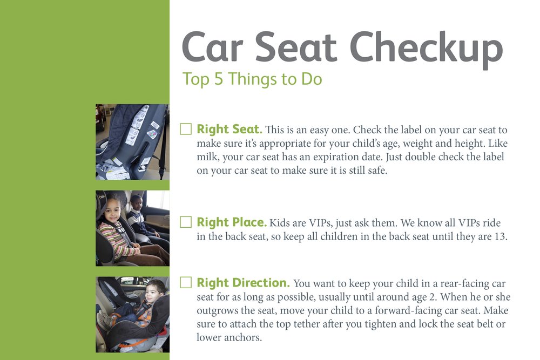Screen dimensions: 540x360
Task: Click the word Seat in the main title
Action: click(295, 46)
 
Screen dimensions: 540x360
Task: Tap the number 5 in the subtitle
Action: click(218, 79)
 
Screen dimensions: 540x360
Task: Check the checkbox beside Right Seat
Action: click(186, 129)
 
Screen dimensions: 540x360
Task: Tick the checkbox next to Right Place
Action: click(186, 222)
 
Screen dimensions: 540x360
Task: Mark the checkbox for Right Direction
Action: click(186, 282)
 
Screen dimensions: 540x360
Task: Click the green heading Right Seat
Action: click(230, 129)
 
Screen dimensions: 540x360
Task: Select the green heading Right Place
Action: click(232, 222)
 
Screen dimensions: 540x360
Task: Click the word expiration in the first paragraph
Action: click(335, 157)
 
